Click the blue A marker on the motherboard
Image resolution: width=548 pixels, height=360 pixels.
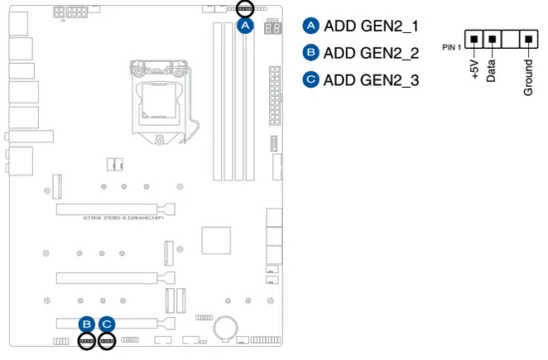[244, 26]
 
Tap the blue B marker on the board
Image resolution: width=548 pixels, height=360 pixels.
[88, 323]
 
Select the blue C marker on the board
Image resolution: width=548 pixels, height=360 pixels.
[107, 323]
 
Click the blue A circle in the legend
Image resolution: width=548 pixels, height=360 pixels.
[310, 27]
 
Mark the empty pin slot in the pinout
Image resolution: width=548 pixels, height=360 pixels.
[510, 40]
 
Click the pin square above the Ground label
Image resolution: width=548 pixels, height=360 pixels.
[528, 40]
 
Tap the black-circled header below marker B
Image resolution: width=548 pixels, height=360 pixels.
[88, 341]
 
